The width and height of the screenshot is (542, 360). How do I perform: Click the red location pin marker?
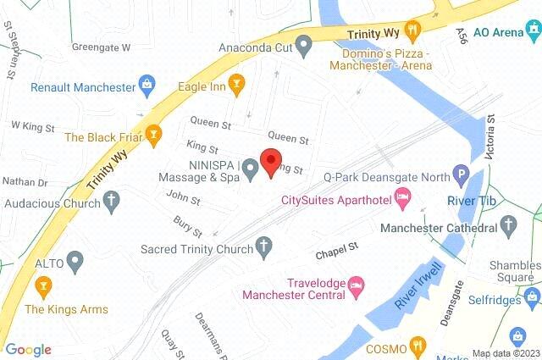270,161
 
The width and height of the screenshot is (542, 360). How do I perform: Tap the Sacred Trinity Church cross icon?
264,247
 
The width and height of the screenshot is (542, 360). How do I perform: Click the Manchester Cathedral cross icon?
509,225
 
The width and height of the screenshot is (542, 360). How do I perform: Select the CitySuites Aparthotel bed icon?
404,200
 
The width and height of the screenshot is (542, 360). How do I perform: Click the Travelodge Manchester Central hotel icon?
357,280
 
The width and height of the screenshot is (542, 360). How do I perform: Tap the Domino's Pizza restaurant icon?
413,30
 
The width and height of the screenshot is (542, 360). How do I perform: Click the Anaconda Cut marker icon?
303,44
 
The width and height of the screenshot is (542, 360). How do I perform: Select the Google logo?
29,350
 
